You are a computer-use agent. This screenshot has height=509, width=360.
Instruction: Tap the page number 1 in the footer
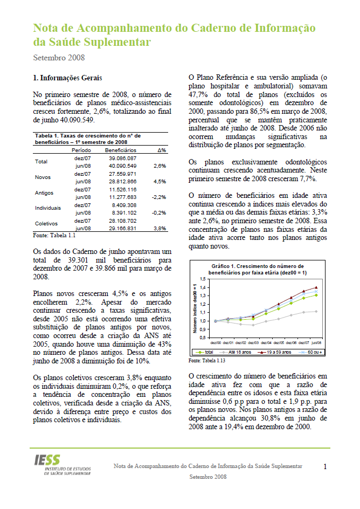(325, 466)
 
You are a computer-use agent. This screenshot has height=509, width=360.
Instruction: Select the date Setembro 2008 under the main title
(59, 57)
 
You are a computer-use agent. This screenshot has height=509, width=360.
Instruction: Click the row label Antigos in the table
(44, 192)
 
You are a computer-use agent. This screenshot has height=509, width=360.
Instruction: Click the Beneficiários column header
(120, 150)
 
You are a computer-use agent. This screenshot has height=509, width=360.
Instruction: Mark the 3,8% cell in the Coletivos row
(160, 229)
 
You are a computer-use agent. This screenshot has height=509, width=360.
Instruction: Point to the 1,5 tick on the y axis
(203, 279)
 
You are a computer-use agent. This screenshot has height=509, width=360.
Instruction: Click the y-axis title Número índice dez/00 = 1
(196, 307)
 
